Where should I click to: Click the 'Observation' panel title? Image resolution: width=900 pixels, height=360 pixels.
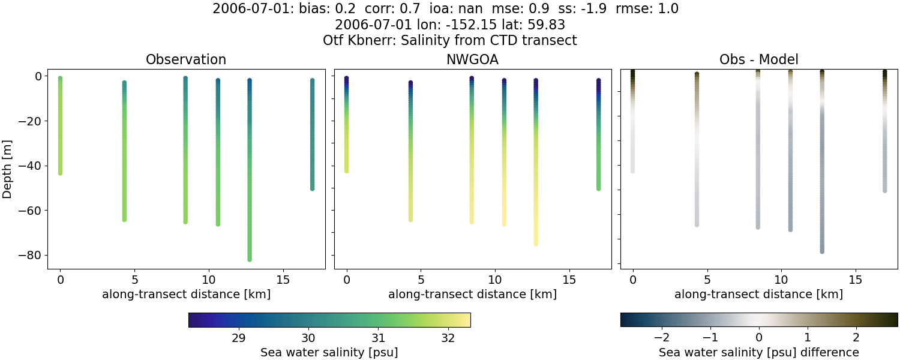[x=186, y=59]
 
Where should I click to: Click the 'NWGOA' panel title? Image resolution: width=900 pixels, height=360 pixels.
[x=472, y=59]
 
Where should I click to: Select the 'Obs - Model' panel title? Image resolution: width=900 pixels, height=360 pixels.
[x=758, y=59]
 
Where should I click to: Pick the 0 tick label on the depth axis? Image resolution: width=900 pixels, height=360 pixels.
[x=37, y=76]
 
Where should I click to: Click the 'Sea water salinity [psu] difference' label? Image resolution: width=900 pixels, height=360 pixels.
[x=758, y=352]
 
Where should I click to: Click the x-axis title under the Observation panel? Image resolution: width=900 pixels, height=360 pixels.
[x=186, y=295]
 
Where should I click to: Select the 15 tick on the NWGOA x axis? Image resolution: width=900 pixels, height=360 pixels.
[x=569, y=280]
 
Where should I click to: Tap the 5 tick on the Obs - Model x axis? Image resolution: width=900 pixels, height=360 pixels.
[x=707, y=280]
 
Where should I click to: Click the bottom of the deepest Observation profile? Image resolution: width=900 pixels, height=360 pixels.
[x=249, y=259]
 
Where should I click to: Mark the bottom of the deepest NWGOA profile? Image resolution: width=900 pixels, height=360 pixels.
[x=536, y=244]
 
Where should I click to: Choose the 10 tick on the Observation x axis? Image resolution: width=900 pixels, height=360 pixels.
[x=209, y=280]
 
